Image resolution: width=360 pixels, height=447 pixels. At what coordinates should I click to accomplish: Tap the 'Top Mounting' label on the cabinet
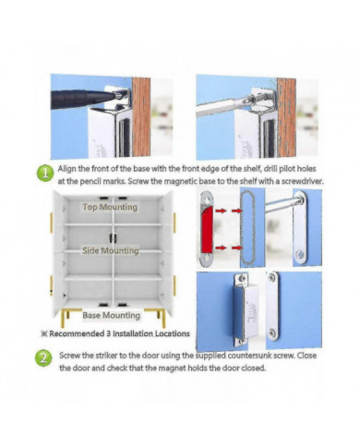point(110,208)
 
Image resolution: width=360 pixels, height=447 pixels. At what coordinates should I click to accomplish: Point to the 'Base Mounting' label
point(111,315)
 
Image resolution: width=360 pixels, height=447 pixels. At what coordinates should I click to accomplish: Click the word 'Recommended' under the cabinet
point(85,332)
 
